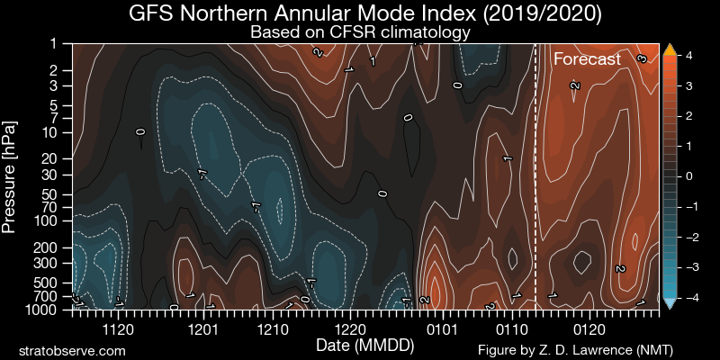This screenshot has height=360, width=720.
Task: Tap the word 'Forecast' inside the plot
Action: [587, 60]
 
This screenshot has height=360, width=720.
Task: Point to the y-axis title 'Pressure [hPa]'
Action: [10, 175]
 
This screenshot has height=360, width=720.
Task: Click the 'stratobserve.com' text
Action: [72, 349]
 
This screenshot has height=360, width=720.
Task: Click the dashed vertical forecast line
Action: [535, 180]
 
